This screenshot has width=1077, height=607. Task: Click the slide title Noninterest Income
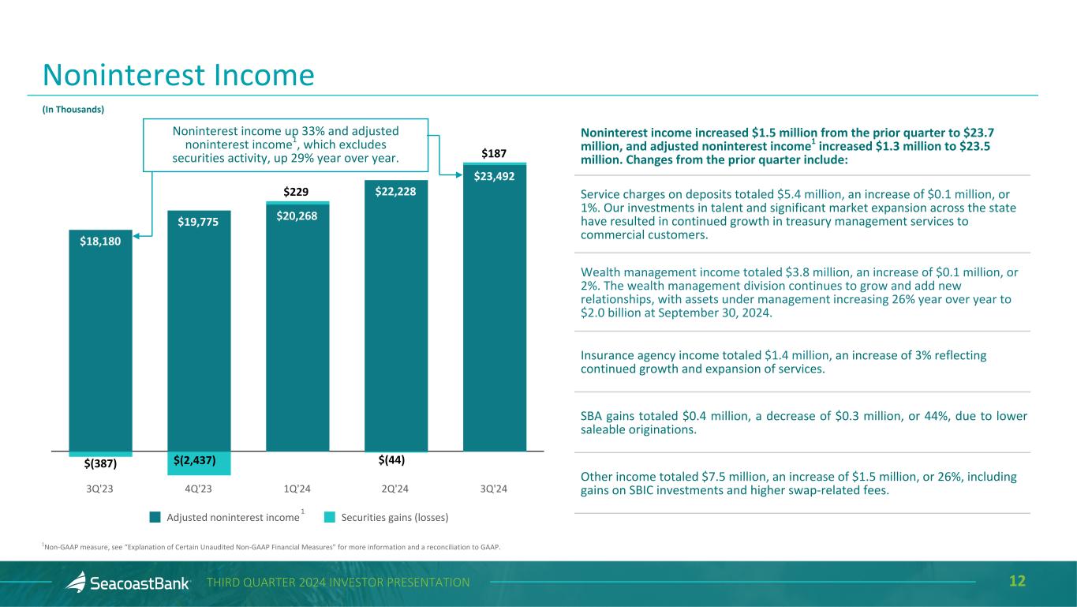pyautogui.click(x=178, y=75)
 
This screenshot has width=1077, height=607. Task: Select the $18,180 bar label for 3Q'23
pyautogui.click(x=100, y=242)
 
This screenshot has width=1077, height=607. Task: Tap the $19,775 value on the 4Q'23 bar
pyautogui.click(x=199, y=222)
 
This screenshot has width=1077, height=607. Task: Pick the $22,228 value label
pyautogui.click(x=395, y=192)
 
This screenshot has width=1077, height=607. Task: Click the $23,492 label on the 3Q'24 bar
pyautogui.click(x=494, y=176)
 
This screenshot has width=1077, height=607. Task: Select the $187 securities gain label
pyautogui.click(x=494, y=152)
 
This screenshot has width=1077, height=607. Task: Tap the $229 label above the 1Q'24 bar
pyautogui.click(x=297, y=191)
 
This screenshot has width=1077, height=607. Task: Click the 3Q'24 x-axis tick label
pyautogui.click(x=494, y=489)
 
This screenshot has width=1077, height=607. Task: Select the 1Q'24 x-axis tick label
pyautogui.click(x=297, y=489)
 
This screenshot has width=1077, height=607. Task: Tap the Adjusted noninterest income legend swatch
pyautogui.click(x=155, y=518)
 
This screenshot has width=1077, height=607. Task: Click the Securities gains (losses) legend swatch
pyautogui.click(x=329, y=518)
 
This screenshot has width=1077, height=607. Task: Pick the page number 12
pyautogui.click(x=1018, y=582)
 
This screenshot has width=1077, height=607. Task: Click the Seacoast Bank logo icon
pyautogui.click(x=76, y=583)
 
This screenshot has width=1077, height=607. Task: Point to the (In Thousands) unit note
pyautogui.click(x=73, y=110)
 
